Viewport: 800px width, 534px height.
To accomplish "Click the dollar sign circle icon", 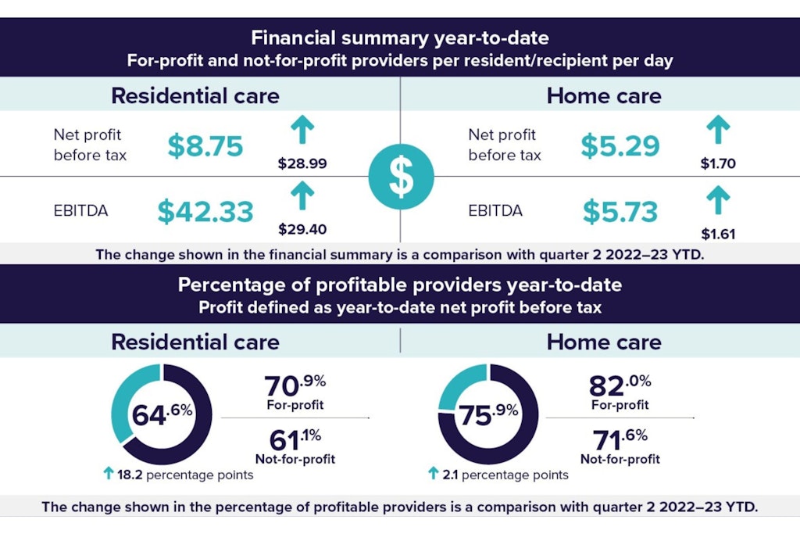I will click(x=400, y=177).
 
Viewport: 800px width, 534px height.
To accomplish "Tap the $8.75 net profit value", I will click(x=205, y=145).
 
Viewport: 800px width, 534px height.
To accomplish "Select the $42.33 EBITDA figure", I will click(x=205, y=212).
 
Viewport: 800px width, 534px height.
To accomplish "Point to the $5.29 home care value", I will click(x=620, y=145).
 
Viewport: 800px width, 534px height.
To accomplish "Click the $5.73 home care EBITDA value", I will click(x=620, y=212).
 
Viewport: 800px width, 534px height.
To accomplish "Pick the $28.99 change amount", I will click(x=302, y=164).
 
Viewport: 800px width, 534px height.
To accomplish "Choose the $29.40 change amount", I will click(x=302, y=229).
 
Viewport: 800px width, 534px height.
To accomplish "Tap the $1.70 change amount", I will click(x=717, y=164).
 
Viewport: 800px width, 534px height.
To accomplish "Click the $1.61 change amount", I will click(x=717, y=233).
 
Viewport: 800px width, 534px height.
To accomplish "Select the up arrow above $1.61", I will click(x=717, y=200).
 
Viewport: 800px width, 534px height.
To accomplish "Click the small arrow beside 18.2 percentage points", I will click(x=109, y=473).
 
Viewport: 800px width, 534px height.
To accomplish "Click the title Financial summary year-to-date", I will click(x=399, y=38).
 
